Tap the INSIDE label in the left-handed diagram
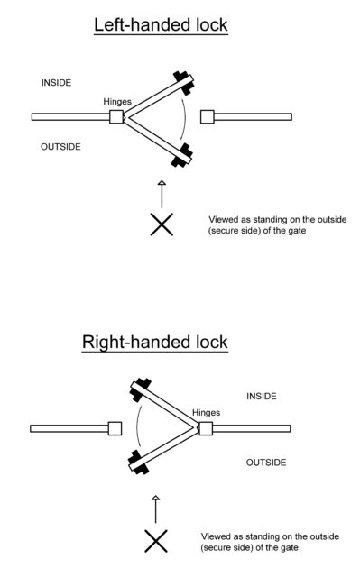coord(59,83)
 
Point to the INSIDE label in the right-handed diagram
coord(262,396)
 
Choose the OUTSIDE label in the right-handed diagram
coord(266,462)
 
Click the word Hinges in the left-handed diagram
coord(118,102)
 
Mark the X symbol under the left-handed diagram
coord(162,224)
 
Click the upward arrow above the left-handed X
coord(162,193)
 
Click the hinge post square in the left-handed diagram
coord(116,116)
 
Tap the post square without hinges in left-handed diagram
coord(207,116)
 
